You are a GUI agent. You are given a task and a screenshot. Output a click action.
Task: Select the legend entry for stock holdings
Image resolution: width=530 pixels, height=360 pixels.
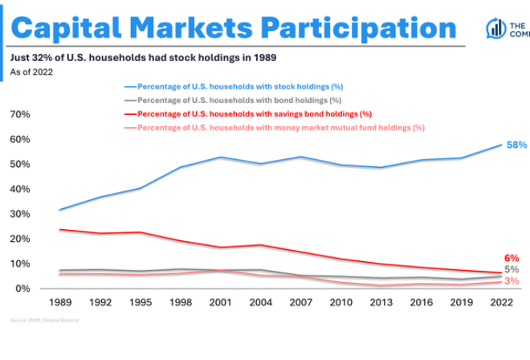[229, 86]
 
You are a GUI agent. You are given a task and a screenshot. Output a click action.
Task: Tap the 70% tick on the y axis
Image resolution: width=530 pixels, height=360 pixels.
[20, 114]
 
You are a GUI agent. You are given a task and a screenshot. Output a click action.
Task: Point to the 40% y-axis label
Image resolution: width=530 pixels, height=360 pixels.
[20, 189]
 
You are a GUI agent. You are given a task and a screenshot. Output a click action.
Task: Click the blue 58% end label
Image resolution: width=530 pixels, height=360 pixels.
[516, 145]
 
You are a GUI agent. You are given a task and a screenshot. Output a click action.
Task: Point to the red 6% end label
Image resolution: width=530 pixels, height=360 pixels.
[512, 258]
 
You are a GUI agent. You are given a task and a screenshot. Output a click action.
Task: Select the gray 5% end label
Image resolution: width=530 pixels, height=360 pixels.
[512, 270]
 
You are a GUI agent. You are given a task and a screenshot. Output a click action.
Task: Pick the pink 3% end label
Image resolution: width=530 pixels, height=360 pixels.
[512, 282]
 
